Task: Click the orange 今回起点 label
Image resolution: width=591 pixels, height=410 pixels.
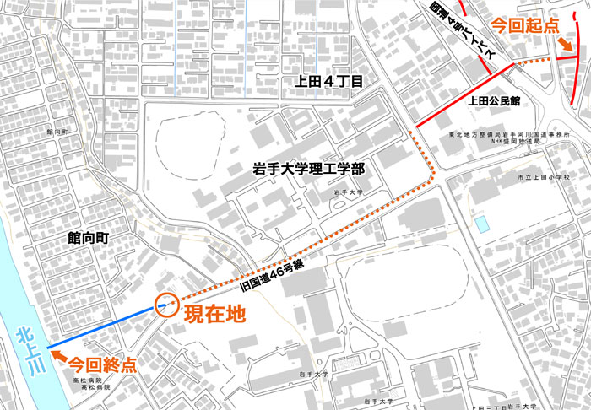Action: tap(524, 25)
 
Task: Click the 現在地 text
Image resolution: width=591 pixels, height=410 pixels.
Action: tap(214, 315)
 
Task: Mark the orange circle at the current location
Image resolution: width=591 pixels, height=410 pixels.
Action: tap(165, 305)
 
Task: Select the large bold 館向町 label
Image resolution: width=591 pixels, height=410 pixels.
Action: tap(91, 239)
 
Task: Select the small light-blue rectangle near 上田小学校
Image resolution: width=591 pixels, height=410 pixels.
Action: tap(481, 224)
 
